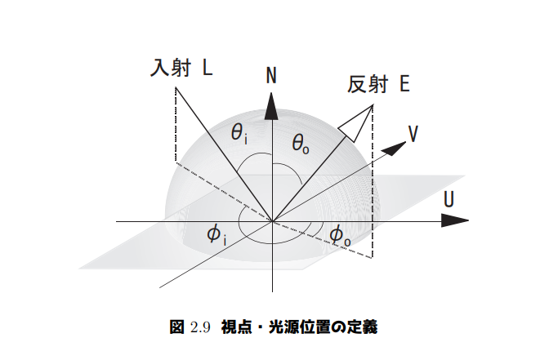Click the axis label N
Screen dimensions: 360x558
tap(271, 76)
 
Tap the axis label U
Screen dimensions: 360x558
tap(449, 199)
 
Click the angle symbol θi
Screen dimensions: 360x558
tap(239, 133)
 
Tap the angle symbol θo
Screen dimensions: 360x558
tap(301, 144)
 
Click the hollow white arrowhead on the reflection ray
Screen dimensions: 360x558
tap(353, 125)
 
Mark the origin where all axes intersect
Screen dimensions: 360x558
tap(271, 220)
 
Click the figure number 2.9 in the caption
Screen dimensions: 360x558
tap(201, 327)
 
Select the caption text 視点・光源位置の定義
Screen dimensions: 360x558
tap(298, 327)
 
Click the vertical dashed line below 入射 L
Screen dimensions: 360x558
tap(176, 122)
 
